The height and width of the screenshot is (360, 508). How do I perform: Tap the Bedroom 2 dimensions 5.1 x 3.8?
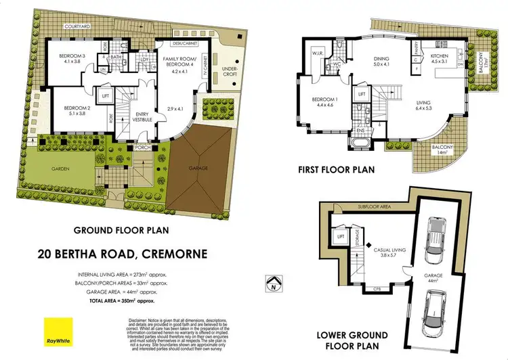(76, 114)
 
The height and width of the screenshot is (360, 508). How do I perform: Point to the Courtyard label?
(77, 26)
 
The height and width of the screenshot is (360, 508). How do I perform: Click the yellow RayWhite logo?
(58, 330)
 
